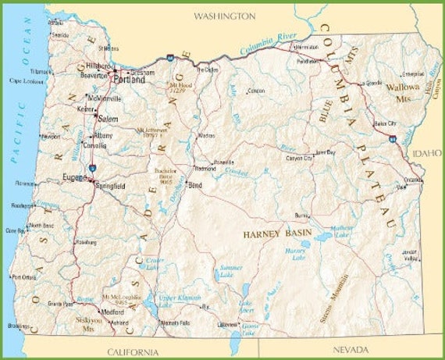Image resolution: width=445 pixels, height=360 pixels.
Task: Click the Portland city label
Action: point(128,80)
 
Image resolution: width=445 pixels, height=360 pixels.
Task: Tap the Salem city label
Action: point(107,118)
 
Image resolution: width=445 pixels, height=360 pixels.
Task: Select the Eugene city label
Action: point(75,178)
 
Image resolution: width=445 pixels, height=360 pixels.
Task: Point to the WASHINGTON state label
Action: point(224,16)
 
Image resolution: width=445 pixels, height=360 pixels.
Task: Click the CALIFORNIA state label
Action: point(133,351)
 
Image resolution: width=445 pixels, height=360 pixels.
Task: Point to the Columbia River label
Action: point(268,44)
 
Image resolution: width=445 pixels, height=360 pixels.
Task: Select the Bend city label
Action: point(195,185)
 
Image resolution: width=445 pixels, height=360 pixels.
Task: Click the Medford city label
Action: point(112,311)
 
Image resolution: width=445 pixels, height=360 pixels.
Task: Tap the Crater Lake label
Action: point(156,264)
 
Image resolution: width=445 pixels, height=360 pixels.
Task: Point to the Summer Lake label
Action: point(231,272)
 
